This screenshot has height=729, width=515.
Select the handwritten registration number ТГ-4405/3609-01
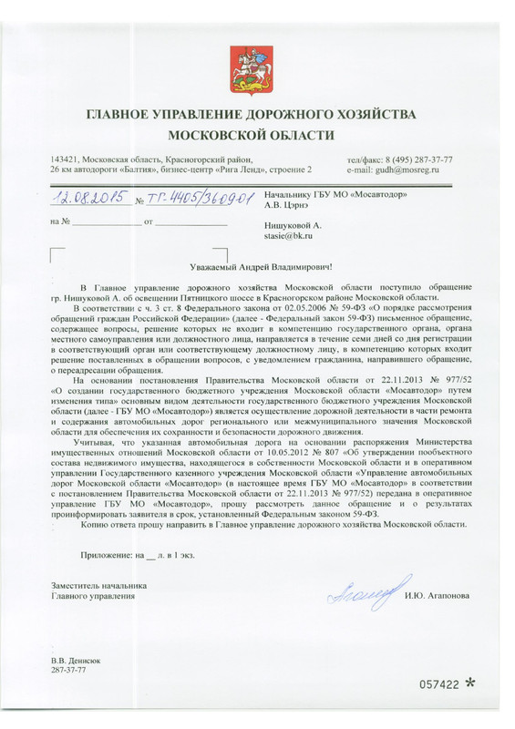pyautogui.click(x=193, y=199)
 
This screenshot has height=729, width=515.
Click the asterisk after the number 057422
pyautogui.click(x=470, y=682)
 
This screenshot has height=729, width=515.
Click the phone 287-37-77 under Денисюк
pyautogui.click(x=69, y=670)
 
